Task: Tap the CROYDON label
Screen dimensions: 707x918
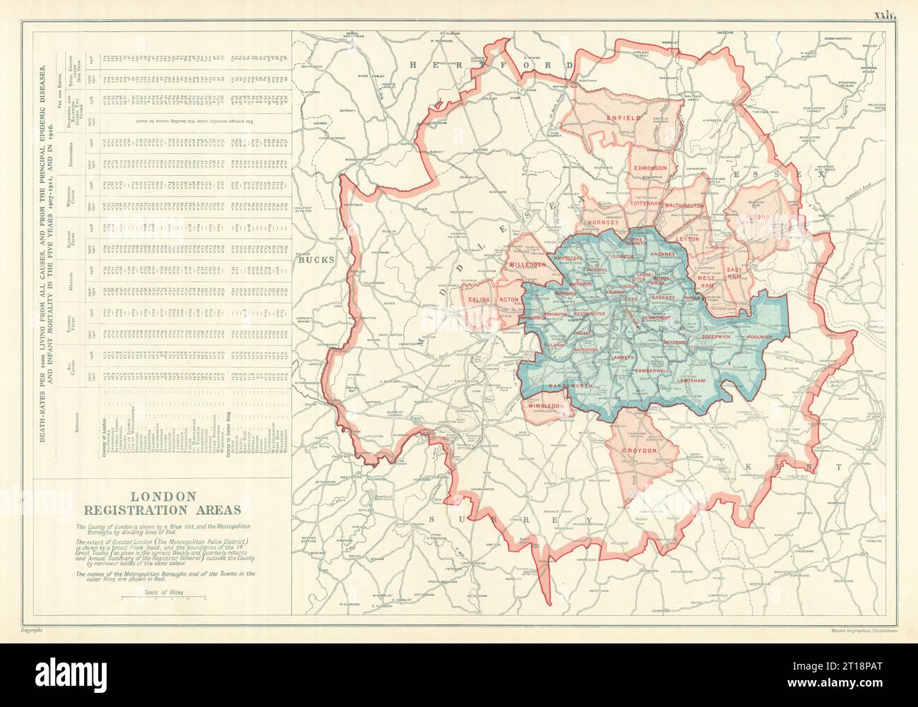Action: [640, 450]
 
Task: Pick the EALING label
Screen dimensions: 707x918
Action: [477, 299]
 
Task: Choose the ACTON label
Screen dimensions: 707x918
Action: [509, 299]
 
